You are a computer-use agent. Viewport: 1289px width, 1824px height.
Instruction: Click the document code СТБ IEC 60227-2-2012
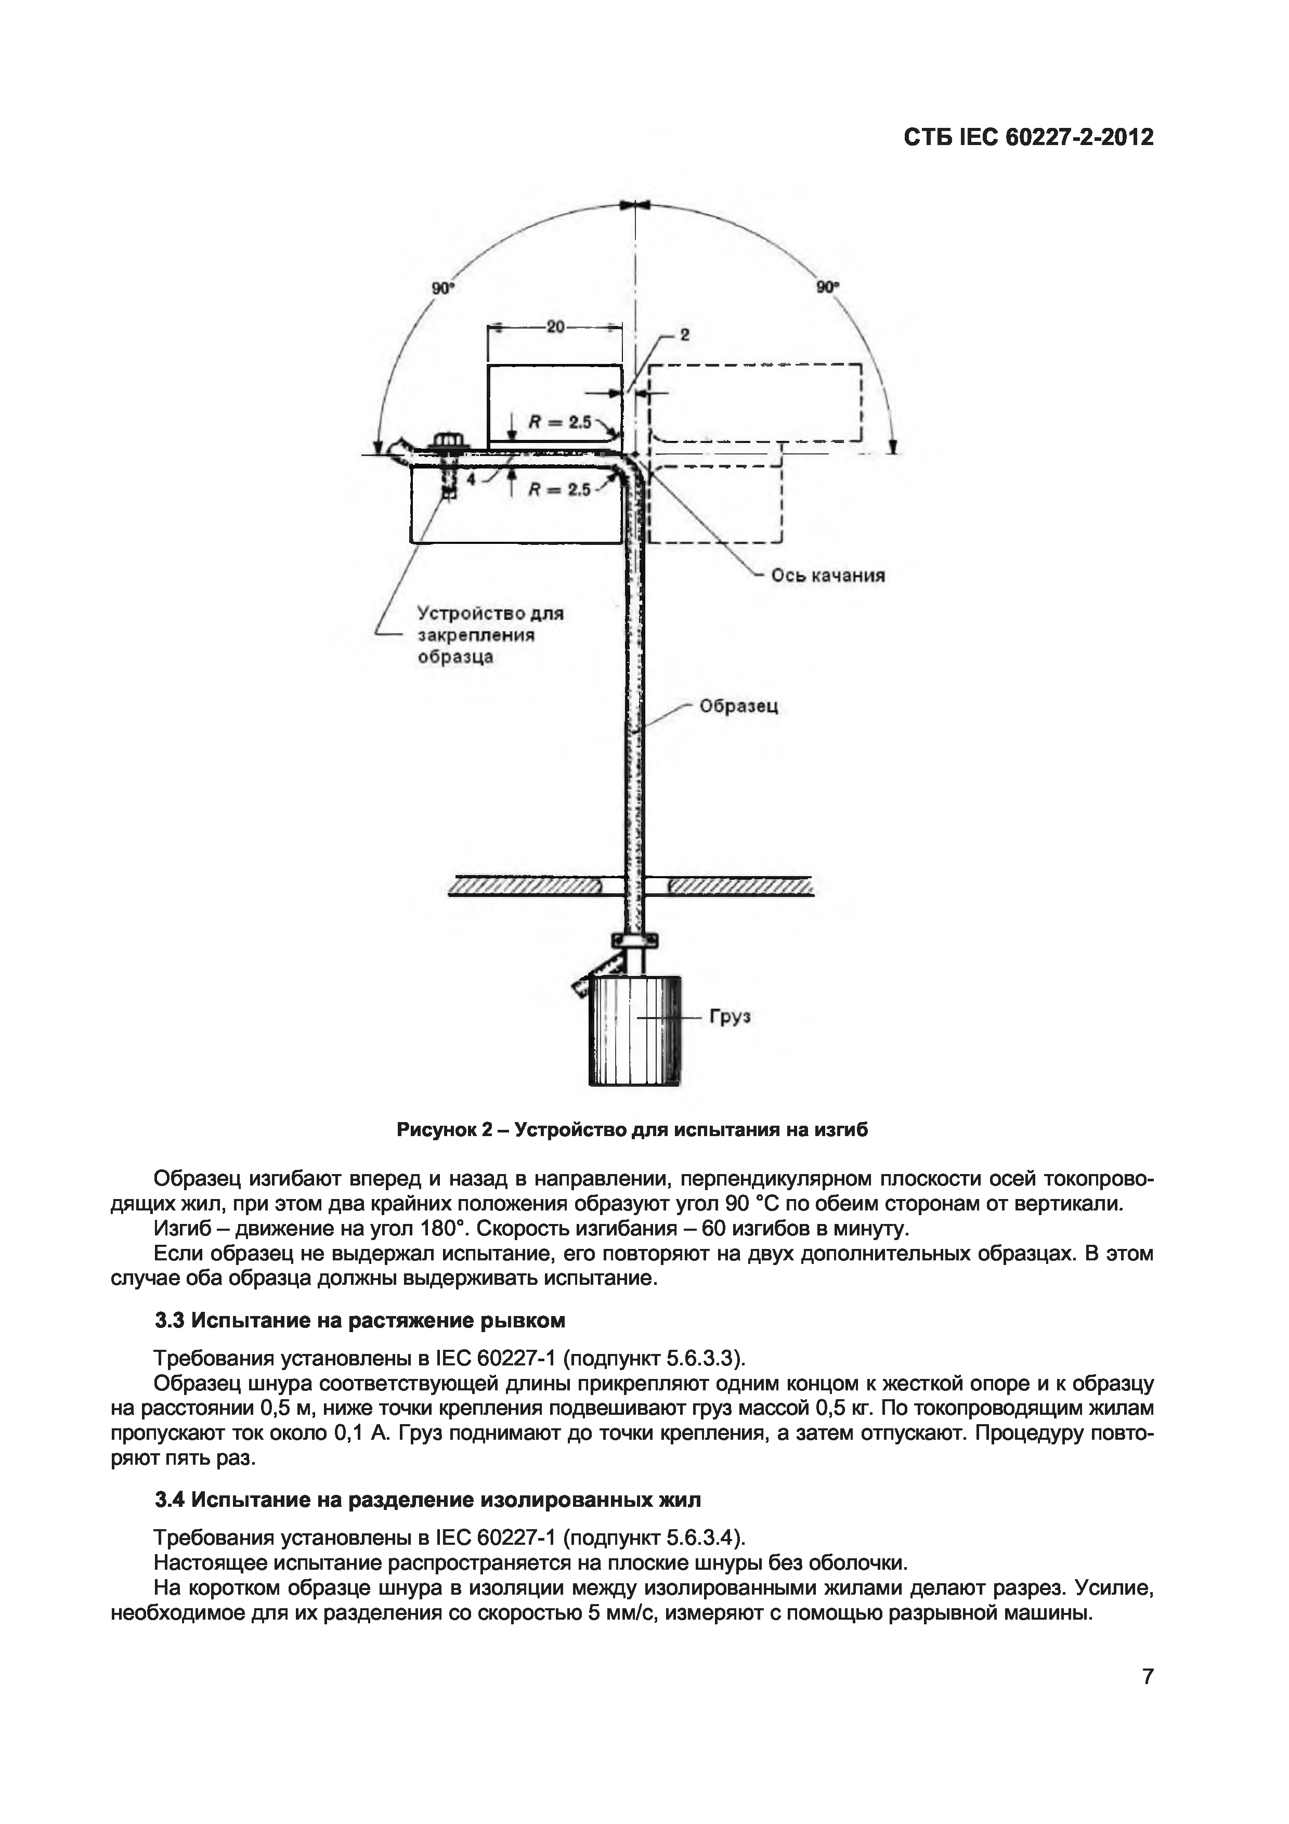tap(1028, 137)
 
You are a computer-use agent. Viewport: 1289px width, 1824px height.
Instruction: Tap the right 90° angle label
tap(828, 287)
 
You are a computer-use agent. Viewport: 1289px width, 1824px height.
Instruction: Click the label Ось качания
tap(828, 575)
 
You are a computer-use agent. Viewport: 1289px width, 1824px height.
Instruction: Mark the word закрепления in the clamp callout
tap(476, 635)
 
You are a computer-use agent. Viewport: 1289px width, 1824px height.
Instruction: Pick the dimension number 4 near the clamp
tap(471, 480)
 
